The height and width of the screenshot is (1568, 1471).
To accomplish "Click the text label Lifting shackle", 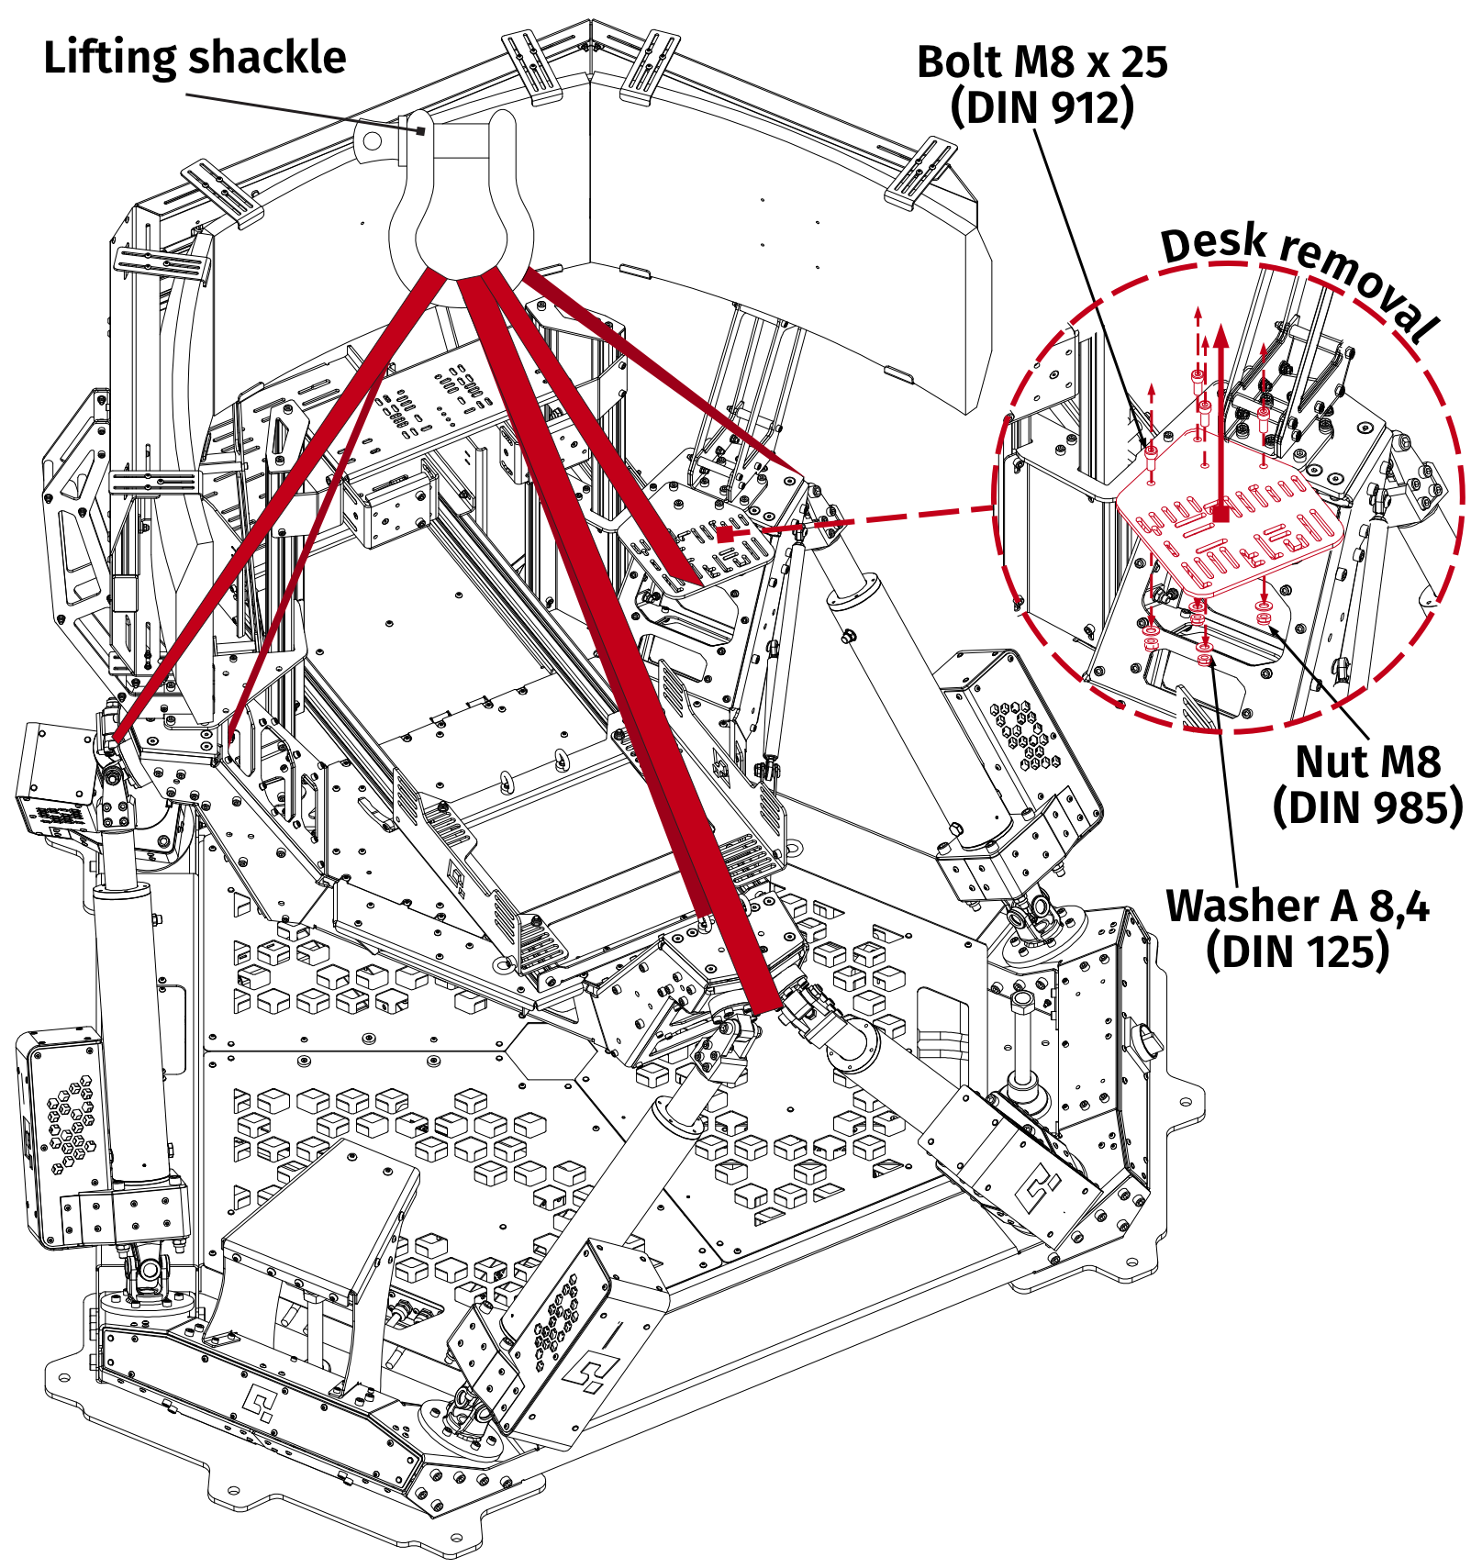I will pyautogui.click(x=195, y=58).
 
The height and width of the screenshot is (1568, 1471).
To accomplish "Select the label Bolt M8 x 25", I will pyautogui.click(x=1042, y=62).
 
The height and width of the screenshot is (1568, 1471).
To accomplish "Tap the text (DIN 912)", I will pyautogui.click(x=1042, y=107).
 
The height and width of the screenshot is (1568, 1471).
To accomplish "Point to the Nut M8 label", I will pyautogui.click(x=1366, y=762).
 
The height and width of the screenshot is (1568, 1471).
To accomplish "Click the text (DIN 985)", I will pyautogui.click(x=1366, y=807).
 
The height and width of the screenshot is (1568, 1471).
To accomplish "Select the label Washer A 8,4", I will pyautogui.click(x=1297, y=906).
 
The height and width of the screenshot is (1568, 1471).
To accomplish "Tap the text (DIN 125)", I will pyautogui.click(x=1297, y=951).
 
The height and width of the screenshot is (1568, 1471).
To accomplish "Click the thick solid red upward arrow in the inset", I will pyautogui.click(x=1220, y=413).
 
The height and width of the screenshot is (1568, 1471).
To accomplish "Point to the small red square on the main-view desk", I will pyautogui.click(x=724, y=534).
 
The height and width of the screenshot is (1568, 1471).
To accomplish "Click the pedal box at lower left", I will pyautogui.click(x=321, y=1220).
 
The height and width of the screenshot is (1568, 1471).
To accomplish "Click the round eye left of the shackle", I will pyautogui.click(x=372, y=141).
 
